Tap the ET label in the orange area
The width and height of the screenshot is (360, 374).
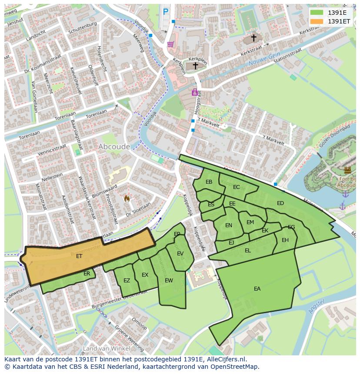[x=79, y=256]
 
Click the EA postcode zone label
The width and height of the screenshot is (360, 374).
[x=257, y=289]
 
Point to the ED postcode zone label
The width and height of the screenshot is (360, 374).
[x=280, y=203]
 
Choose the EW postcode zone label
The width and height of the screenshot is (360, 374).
[x=169, y=281]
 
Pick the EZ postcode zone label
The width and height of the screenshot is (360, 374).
[x=127, y=281]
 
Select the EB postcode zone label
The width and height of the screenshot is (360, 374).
[x=209, y=182]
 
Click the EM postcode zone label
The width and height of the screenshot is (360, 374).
[x=250, y=222]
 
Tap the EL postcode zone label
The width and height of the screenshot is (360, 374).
[x=248, y=251]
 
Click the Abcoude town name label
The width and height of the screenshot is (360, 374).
[x=114, y=147]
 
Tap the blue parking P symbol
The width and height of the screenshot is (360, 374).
[x=166, y=12]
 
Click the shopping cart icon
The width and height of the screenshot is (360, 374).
[x=170, y=44]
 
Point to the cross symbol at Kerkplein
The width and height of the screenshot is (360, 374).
[x=195, y=66]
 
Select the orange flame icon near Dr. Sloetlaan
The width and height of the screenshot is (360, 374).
[x=127, y=199]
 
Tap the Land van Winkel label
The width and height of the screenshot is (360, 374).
[x=106, y=348]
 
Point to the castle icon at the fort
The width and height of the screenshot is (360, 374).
[x=347, y=170]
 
